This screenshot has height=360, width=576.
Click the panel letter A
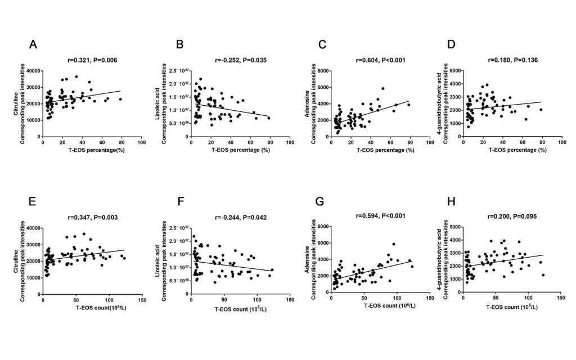coord(34,45)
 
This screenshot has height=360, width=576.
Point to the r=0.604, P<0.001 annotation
coord(381,60)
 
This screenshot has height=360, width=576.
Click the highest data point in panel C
coord(382,88)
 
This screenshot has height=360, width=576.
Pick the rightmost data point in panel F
coord(272,269)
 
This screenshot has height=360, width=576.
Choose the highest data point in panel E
coord(84,234)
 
